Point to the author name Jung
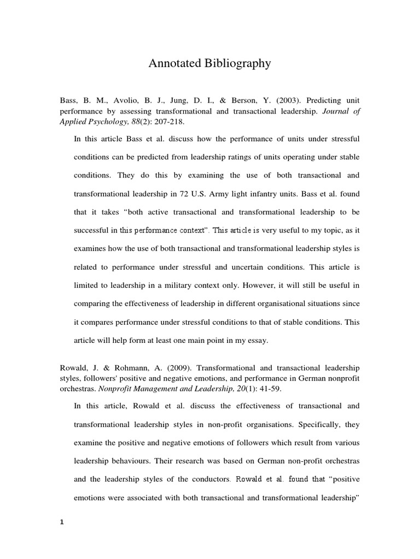[x=176, y=101]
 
